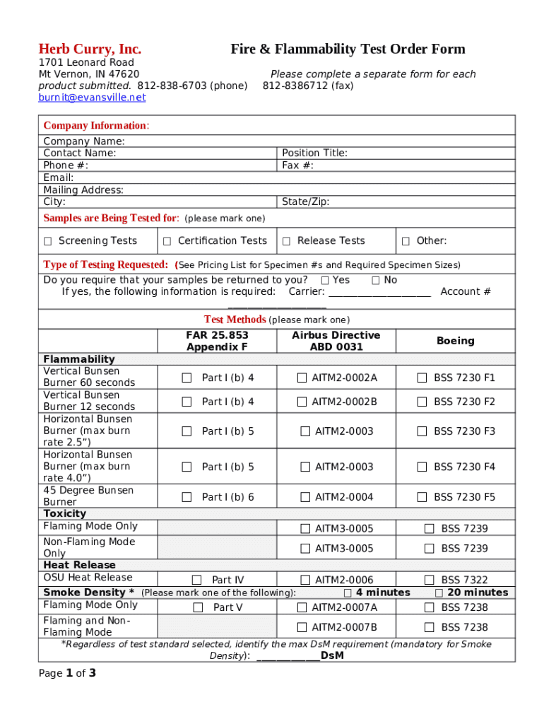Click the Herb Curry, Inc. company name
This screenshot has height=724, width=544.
(90, 49)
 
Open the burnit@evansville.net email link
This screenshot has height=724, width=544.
(92, 98)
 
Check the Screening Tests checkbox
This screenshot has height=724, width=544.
(48, 241)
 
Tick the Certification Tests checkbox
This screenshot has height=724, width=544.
(167, 241)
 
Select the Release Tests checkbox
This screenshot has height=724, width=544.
(287, 241)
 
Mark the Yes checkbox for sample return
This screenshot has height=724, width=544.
(325, 280)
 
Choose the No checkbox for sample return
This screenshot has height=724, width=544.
(376, 280)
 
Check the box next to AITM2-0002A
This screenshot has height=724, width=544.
(302, 378)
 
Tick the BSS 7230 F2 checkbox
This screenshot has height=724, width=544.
(422, 402)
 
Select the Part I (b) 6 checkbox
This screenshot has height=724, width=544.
(187, 497)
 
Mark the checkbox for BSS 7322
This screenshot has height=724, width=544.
(429, 580)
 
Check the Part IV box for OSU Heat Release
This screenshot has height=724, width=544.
(197, 580)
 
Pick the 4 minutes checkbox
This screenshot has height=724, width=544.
(348, 592)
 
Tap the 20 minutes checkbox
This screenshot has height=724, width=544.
(439, 592)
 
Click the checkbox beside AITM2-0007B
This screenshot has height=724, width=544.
(302, 627)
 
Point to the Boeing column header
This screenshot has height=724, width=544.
(455, 341)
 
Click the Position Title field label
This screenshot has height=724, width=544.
(314, 153)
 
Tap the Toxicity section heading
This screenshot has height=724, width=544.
(65, 513)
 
